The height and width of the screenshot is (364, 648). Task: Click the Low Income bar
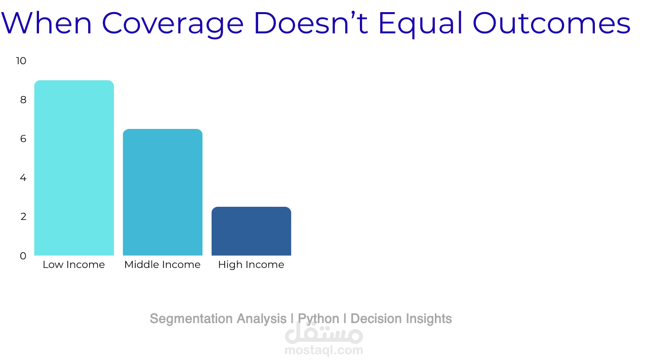tap(74, 168)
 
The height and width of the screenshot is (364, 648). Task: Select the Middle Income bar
tap(163, 192)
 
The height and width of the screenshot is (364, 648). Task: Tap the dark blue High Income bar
tap(251, 231)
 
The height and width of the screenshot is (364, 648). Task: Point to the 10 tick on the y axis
tap(21, 61)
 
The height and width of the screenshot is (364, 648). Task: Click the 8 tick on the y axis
tap(23, 100)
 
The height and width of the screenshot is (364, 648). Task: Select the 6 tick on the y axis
tap(23, 139)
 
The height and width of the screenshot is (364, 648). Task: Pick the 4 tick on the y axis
tap(23, 178)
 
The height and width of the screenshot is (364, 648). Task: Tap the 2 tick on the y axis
tap(23, 217)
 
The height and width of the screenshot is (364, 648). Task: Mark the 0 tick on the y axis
tap(23, 256)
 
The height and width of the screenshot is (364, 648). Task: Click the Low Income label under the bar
tap(74, 265)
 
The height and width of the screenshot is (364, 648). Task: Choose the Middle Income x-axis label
tap(163, 265)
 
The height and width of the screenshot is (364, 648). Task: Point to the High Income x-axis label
tap(251, 265)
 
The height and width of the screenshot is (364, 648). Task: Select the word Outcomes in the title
tap(551, 23)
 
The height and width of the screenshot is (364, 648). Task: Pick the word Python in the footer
tap(318, 319)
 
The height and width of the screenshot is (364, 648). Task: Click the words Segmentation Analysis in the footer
tap(218, 319)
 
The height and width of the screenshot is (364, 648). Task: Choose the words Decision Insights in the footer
tap(401, 319)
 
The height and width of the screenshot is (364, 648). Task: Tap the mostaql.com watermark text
tap(323, 350)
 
